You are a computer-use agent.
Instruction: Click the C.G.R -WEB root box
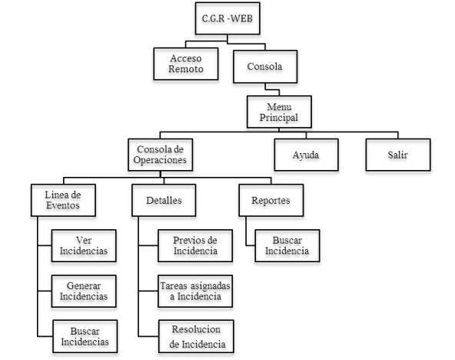(x=227, y=18)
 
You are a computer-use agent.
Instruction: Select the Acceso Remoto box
(x=186, y=64)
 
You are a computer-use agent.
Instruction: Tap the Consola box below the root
(x=265, y=66)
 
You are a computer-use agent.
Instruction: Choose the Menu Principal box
(x=279, y=112)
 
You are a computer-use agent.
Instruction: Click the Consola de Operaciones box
(x=161, y=155)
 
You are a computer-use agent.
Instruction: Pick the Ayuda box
(x=306, y=155)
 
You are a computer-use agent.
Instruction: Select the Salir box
(x=398, y=155)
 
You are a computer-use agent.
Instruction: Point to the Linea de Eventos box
(x=63, y=200)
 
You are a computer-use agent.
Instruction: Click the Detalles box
(x=164, y=200)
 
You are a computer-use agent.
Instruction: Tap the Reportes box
(x=271, y=200)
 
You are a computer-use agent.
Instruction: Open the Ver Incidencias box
(x=84, y=245)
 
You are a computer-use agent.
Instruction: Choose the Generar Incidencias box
(x=84, y=292)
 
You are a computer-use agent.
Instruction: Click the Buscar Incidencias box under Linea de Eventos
(x=85, y=336)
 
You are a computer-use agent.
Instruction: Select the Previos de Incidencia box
(x=195, y=245)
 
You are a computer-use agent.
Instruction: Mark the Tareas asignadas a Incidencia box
(x=195, y=292)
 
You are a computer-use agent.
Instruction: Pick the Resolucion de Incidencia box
(x=196, y=336)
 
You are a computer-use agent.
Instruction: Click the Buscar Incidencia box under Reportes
(x=287, y=245)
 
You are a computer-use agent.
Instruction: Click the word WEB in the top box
(x=241, y=18)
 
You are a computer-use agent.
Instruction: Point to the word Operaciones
(x=160, y=160)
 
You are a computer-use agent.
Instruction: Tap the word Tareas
(x=174, y=286)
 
